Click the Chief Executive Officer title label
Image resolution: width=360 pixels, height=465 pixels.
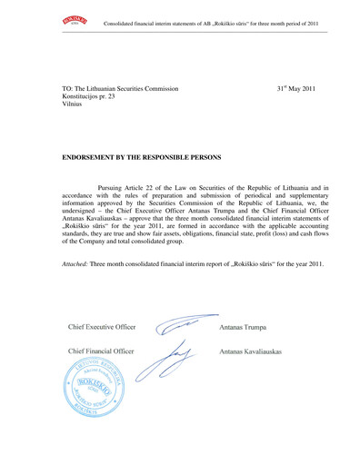click(101, 326)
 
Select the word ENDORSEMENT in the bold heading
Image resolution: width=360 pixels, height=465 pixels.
click(92, 157)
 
